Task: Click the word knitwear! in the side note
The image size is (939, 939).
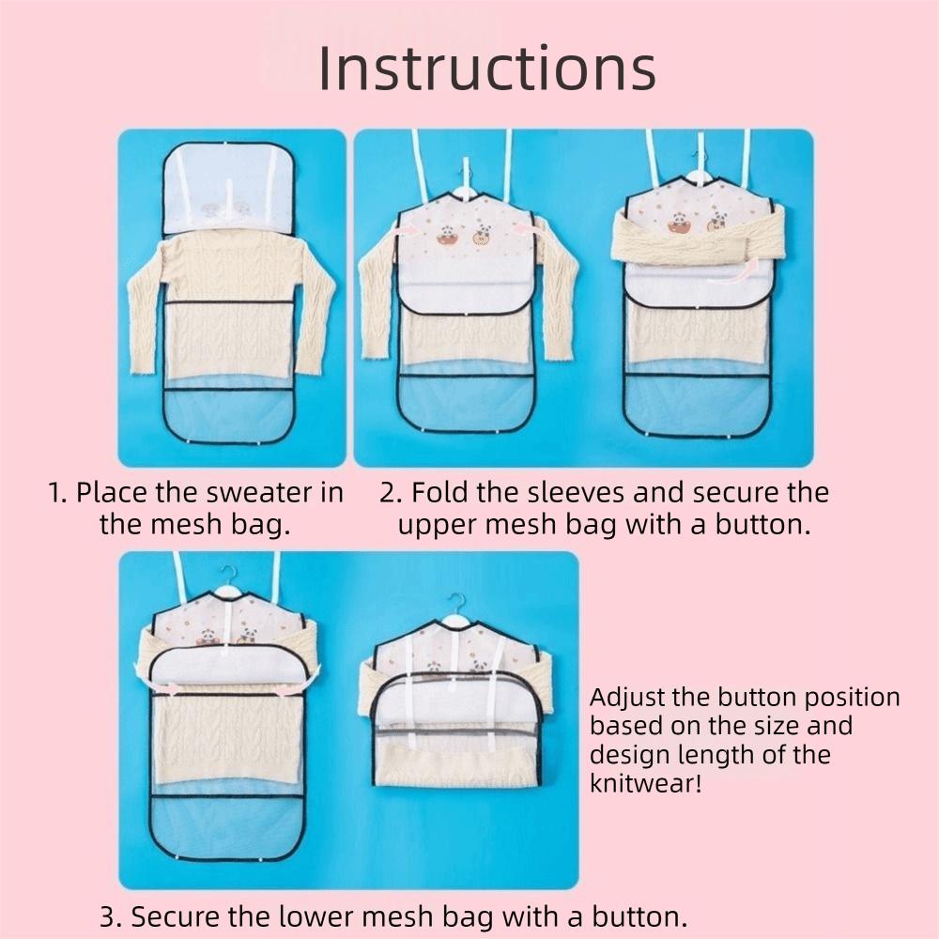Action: (646, 783)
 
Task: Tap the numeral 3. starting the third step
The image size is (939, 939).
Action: (111, 916)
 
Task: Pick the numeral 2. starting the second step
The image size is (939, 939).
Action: (391, 492)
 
